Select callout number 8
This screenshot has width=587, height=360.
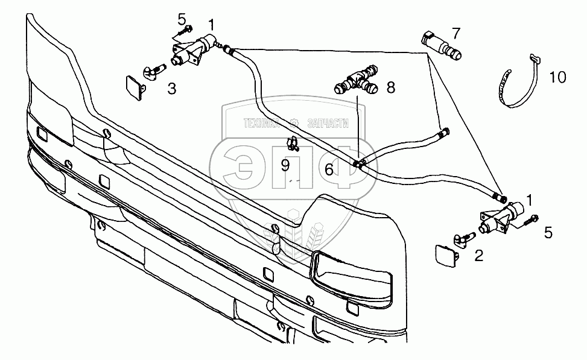pos(390,88)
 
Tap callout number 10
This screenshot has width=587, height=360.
pos(557,77)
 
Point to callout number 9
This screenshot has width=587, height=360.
pos(285,164)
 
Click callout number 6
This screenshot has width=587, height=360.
pos(329,170)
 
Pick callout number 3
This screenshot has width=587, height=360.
pos(172,90)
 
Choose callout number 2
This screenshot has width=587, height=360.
pos(478,256)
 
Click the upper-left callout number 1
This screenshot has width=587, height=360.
pos(211,25)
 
